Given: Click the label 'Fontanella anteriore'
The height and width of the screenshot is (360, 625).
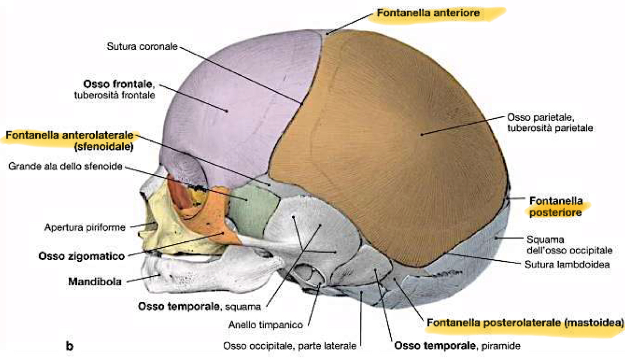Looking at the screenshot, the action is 426,13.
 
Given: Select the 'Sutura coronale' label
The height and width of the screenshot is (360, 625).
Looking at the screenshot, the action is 142,47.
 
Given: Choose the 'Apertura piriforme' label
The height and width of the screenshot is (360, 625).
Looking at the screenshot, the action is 85,228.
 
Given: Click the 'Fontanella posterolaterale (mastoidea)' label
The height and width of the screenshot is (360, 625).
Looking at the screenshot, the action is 525,324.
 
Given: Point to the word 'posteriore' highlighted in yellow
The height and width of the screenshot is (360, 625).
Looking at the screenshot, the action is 556,213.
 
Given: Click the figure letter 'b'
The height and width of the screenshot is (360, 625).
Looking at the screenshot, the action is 69,345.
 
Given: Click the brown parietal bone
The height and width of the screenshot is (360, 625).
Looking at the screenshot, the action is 390,146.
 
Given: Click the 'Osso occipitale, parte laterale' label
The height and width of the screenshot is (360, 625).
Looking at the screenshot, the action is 289,345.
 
